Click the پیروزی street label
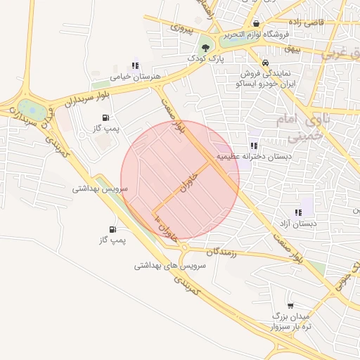(x=181, y=27)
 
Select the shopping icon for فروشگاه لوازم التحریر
(x=257, y=23)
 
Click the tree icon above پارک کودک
(x=205, y=48)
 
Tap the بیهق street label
(x=292, y=49)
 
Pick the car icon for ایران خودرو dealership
(x=265, y=62)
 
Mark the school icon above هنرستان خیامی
(x=135, y=65)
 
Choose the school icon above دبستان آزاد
(x=298, y=212)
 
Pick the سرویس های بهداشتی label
(x=169, y=266)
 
